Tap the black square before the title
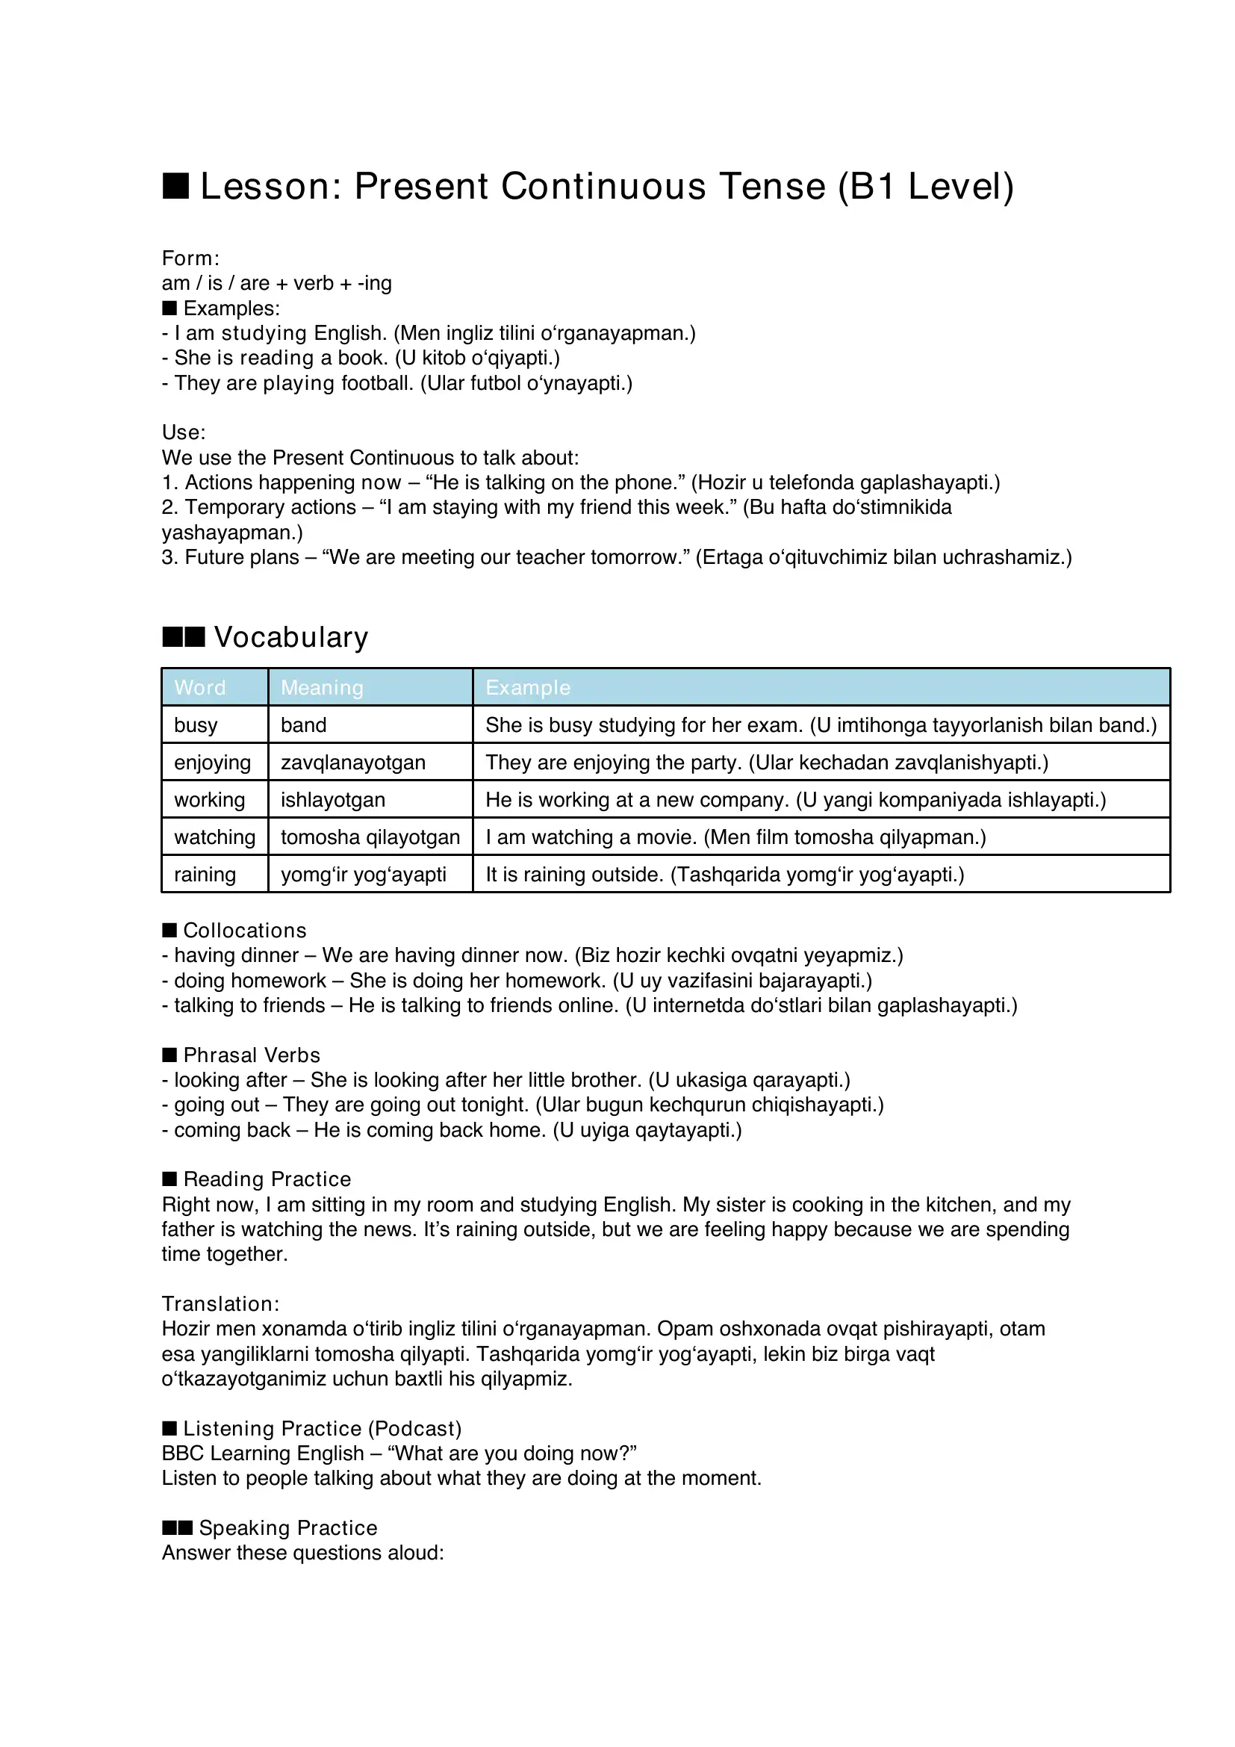(x=175, y=186)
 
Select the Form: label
(x=190, y=258)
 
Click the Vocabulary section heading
(x=290, y=637)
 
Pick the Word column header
(x=200, y=687)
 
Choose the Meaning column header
(x=322, y=687)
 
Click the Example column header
(x=528, y=687)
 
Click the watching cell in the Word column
(x=214, y=837)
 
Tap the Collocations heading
(x=244, y=930)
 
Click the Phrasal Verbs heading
(x=252, y=1055)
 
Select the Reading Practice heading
(x=267, y=1179)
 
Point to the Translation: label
(x=220, y=1303)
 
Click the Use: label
(x=183, y=432)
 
